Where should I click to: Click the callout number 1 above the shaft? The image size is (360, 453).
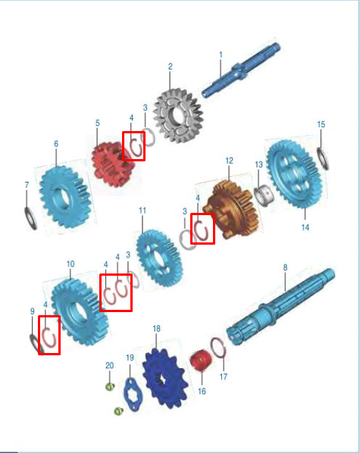221,55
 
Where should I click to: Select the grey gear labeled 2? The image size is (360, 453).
178,116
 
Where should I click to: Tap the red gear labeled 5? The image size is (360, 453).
112,164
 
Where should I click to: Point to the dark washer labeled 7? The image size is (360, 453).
31,219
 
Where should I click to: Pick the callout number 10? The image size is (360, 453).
70,264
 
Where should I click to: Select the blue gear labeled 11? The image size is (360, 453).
158,258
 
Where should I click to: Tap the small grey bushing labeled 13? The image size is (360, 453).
264,195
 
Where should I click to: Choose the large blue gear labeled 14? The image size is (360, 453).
294,173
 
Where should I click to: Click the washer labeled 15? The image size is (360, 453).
323,158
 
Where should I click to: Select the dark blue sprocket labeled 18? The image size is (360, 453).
164,379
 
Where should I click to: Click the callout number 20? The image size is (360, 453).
109,365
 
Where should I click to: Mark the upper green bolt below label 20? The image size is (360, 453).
110,386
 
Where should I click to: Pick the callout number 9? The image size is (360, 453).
33,311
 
